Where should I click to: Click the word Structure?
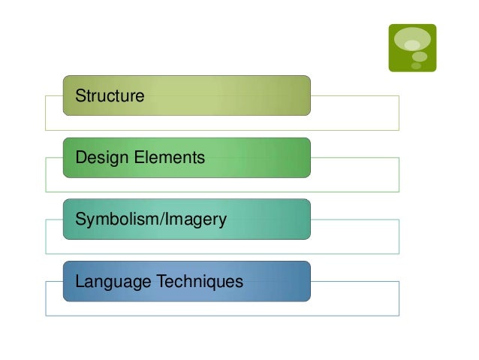pyautogui.click(x=110, y=96)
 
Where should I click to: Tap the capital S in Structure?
pyautogui.click(x=80, y=96)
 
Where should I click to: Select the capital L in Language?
pyautogui.click(x=80, y=282)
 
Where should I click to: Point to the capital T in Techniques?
pyautogui.click(x=158, y=282)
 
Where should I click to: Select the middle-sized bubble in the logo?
pyautogui.click(x=420, y=56)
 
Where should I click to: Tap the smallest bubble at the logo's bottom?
pyautogui.click(x=416, y=66)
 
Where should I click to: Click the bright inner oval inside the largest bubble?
pyautogui.click(x=412, y=45)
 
